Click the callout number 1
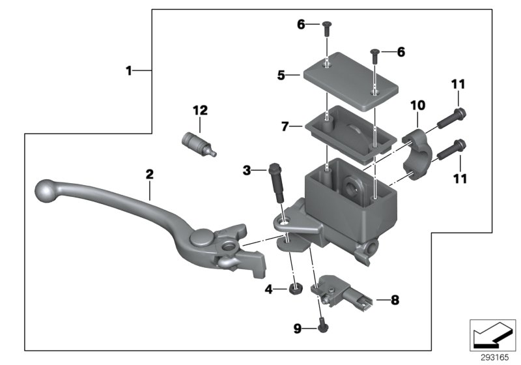point(129,70)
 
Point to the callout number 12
point(199,111)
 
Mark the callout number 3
point(246,171)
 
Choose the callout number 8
point(395,300)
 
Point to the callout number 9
point(297,330)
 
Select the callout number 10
point(417,104)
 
